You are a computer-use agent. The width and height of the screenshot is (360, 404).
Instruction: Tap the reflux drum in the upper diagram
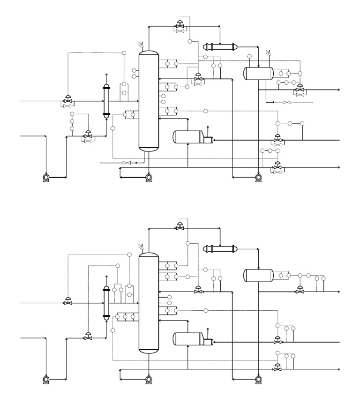click(x=258, y=73)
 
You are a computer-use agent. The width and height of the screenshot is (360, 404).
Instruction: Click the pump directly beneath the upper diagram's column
click(x=149, y=177)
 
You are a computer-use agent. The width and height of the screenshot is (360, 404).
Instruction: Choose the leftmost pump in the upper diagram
click(x=46, y=177)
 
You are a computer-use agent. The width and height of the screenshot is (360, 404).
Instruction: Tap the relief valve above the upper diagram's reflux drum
click(x=268, y=52)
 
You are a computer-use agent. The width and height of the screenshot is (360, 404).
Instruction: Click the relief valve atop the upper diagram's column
click(x=142, y=45)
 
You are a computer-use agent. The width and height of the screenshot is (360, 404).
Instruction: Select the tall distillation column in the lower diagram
click(x=149, y=302)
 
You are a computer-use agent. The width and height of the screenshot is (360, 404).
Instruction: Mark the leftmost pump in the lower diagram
click(x=46, y=379)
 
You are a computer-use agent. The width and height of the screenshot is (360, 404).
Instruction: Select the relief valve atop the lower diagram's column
click(x=142, y=246)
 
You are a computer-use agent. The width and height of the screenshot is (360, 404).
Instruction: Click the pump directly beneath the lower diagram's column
click(x=149, y=379)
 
